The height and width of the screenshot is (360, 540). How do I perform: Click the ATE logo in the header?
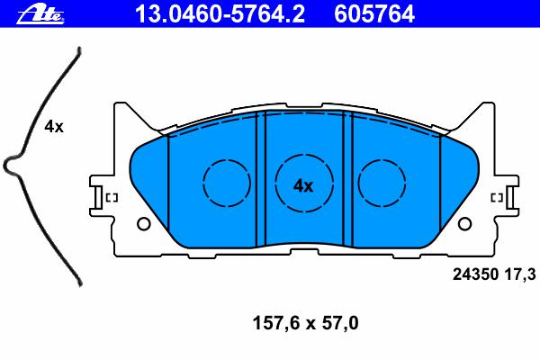pos(40,14)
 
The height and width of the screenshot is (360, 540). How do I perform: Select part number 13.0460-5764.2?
pos(220,14)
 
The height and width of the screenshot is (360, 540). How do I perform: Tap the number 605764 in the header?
pos(374,14)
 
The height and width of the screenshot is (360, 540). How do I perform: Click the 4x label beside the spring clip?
pos(54,127)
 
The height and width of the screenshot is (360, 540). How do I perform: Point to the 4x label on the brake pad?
pos(303,186)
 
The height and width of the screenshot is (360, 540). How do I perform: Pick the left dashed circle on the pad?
pos(227,183)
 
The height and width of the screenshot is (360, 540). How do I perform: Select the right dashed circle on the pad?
pos(382,183)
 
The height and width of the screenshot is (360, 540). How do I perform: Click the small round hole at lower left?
pos(144,224)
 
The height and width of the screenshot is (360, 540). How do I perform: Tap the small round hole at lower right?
pos(464,224)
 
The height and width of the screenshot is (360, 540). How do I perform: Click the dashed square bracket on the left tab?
pos(112,198)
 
